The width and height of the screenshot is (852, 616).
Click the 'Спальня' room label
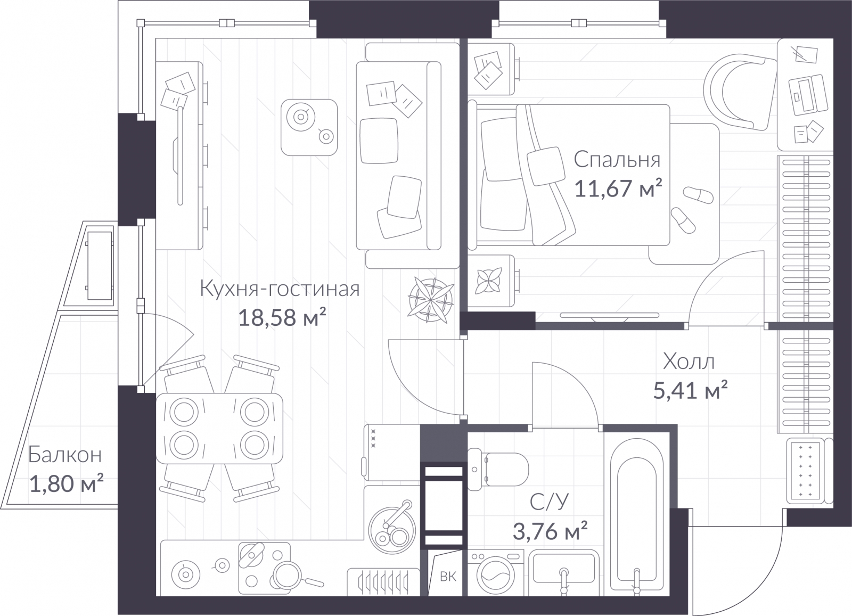point(617,159)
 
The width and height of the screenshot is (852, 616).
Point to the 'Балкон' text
point(64,455)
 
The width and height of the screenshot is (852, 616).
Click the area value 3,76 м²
point(550,531)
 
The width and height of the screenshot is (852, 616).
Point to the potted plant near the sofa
point(432,300)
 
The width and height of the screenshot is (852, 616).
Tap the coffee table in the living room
point(309,127)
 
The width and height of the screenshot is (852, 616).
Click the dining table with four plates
point(219,428)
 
